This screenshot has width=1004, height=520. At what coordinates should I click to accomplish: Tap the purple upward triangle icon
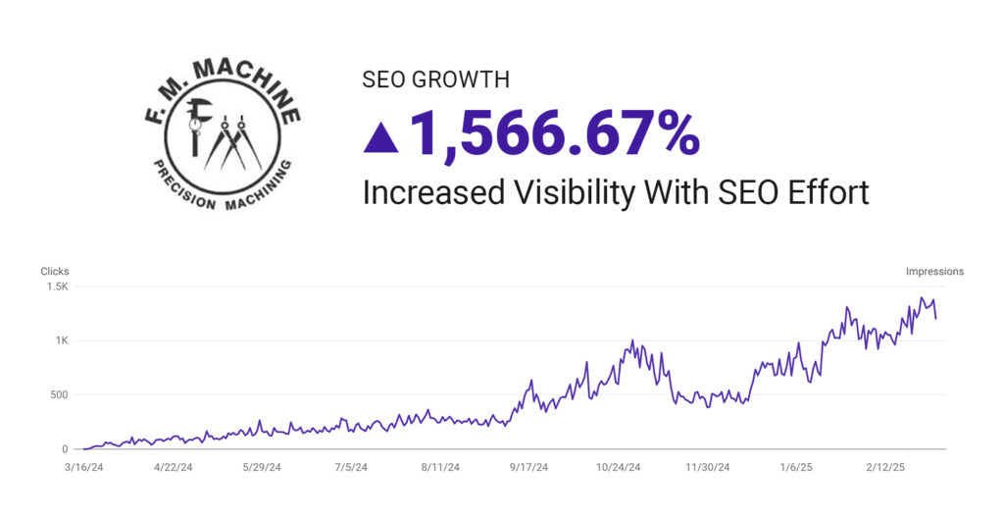380,137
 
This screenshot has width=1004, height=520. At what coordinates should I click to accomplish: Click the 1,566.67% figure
554,134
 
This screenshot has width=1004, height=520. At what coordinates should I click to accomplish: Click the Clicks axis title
54,272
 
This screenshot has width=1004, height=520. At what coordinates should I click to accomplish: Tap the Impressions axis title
934,272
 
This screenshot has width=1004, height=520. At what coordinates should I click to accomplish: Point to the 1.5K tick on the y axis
58,287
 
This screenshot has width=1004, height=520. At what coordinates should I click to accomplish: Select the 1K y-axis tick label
61,341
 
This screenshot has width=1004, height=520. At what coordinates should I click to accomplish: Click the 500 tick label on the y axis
59,395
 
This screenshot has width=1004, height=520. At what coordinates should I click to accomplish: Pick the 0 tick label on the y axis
65,449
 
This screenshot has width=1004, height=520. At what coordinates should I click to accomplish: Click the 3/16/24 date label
83,468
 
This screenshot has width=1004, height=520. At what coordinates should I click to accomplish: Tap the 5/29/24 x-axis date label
262,468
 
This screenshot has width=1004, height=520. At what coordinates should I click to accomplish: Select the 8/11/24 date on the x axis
440,468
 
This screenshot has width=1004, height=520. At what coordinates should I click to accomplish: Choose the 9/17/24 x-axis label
529,468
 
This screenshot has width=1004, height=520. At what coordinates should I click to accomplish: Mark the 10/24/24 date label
619,468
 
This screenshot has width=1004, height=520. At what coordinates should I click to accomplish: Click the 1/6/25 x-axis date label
797,468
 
